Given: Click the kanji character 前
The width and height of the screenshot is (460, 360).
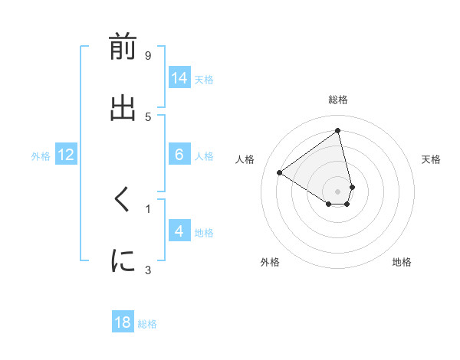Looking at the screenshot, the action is tap(123, 47).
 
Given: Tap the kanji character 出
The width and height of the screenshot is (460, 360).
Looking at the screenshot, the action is tap(123, 107).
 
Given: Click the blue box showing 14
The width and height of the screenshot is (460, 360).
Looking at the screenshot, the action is tap(179, 78).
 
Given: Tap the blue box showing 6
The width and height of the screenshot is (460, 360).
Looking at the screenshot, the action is tap(179, 155).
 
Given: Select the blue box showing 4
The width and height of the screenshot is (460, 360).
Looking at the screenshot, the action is tap(179, 231).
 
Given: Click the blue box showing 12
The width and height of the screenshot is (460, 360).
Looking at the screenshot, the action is tap(66, 155).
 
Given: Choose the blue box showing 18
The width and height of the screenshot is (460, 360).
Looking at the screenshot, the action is tap(123, 322).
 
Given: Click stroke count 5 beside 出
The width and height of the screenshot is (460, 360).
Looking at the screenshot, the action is tap(148, 116).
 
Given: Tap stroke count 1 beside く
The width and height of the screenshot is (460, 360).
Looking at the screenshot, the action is tap(148, 208).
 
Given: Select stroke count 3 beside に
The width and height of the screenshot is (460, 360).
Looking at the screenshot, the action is tap(148, 269).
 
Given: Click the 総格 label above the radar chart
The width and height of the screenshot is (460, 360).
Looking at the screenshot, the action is tap(337, 100).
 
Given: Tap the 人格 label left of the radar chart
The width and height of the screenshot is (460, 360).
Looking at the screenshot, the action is tap(245, 159).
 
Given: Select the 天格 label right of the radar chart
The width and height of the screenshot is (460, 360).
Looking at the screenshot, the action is tap(431, 159).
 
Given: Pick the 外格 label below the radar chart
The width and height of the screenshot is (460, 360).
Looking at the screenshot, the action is tap(270, 262).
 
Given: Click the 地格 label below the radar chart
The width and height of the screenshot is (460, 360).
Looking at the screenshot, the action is tap(402, 262).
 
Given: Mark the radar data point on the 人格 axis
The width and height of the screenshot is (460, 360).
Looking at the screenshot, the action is tap(280, 172).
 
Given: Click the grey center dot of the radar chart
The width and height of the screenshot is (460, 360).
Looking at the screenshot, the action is tap(337, 191).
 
